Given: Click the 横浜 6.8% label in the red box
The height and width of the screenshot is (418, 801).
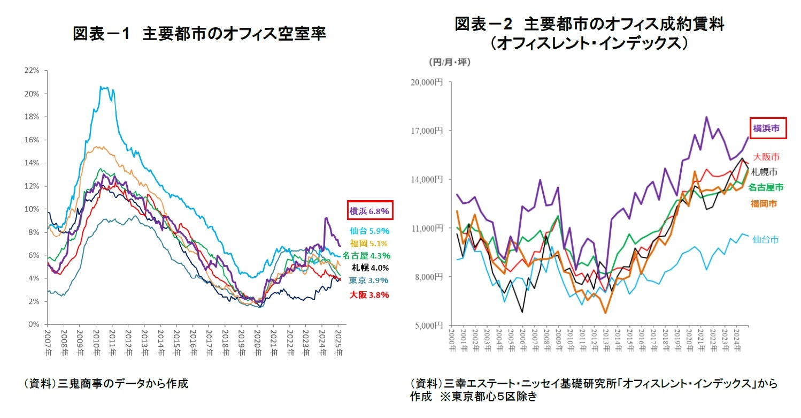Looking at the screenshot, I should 370,211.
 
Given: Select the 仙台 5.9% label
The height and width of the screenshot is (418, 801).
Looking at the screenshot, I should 370,231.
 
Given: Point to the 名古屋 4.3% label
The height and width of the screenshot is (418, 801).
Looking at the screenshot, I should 366,256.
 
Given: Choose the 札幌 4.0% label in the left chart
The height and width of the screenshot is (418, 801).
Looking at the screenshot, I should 370,268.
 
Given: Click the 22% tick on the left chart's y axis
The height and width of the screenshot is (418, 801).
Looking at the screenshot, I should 33,71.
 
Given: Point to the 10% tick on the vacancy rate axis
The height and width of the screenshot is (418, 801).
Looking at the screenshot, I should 33,209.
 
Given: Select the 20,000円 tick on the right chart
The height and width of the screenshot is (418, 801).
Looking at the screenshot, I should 428,82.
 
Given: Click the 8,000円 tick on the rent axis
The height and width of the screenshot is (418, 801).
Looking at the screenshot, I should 429,277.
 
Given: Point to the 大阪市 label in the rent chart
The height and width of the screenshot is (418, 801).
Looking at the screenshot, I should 766,157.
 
